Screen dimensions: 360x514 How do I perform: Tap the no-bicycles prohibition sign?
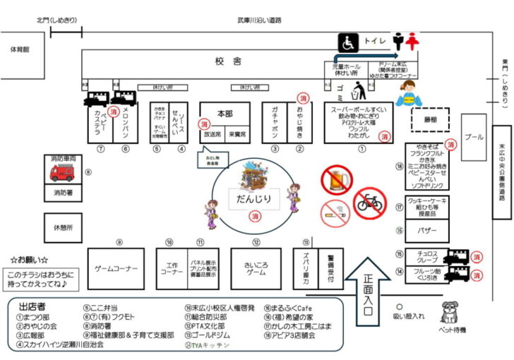point(369,203)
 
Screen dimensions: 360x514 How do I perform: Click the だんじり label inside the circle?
point(253,198)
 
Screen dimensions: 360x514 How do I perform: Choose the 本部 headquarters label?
point(225,114)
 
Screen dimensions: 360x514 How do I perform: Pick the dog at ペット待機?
point(450,313)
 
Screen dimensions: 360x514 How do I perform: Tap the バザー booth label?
point(427,230)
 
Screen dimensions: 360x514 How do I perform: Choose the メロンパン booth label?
point(124,124)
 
